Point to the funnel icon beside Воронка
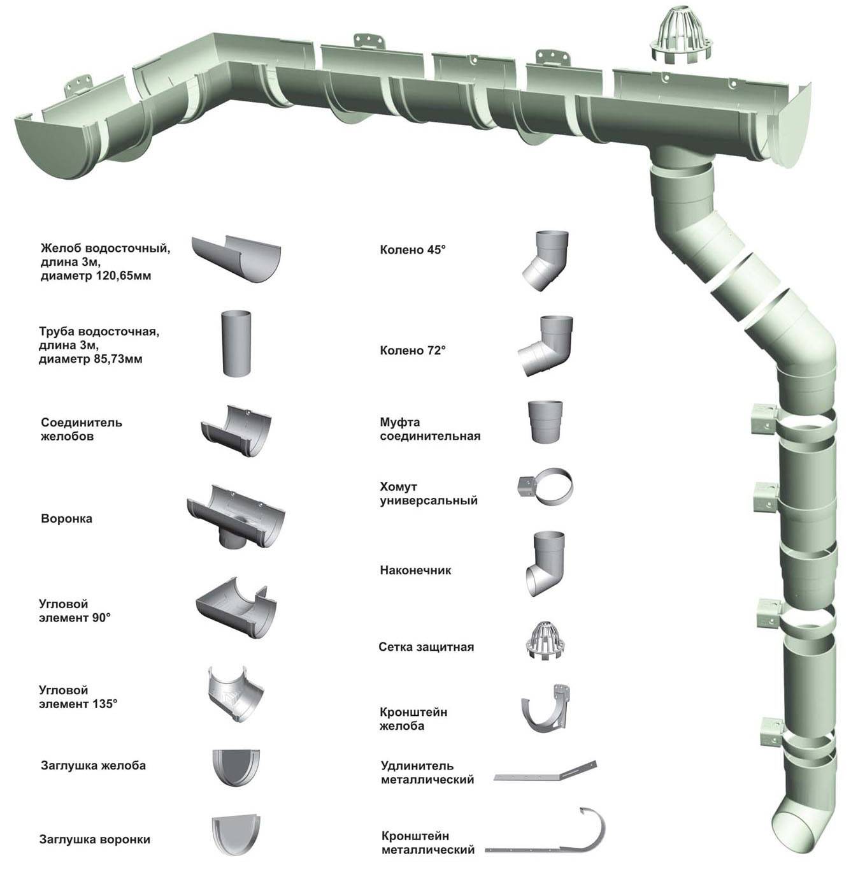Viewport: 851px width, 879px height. (x=236, y=516)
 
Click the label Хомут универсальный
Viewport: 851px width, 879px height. (x=429, y=494)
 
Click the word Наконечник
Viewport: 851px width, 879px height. (x=415, y=570)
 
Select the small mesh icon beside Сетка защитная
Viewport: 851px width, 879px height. (x=545, y=641)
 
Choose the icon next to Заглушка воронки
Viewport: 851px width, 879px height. (x=236, y=838)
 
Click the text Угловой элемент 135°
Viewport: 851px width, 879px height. (x=79, y=697)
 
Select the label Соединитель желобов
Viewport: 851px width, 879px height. (x=82, y=430)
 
